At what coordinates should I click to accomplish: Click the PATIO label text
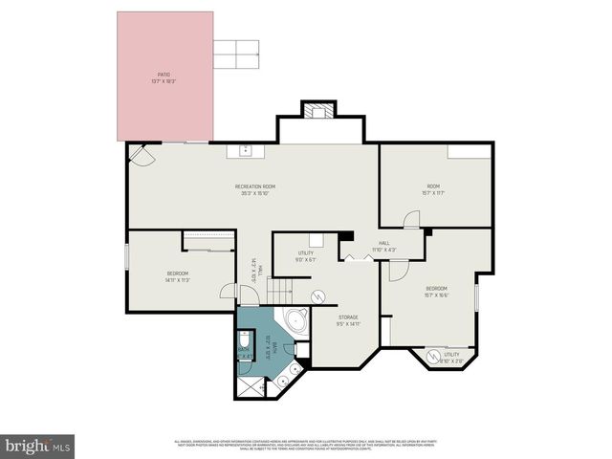pos(164,77)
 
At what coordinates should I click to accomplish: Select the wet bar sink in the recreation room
pos(245,149)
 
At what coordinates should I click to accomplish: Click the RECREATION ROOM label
pos(255,188)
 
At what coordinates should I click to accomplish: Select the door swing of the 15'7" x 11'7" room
pos(410,219)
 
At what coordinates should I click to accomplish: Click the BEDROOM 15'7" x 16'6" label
pos(436,292)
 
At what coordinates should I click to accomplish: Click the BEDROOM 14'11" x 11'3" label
pos(178,277)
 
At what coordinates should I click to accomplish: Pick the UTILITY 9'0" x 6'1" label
pos(305,256)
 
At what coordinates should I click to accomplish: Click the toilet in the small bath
pos(246,342)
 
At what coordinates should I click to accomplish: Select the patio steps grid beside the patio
pos(235,55)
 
